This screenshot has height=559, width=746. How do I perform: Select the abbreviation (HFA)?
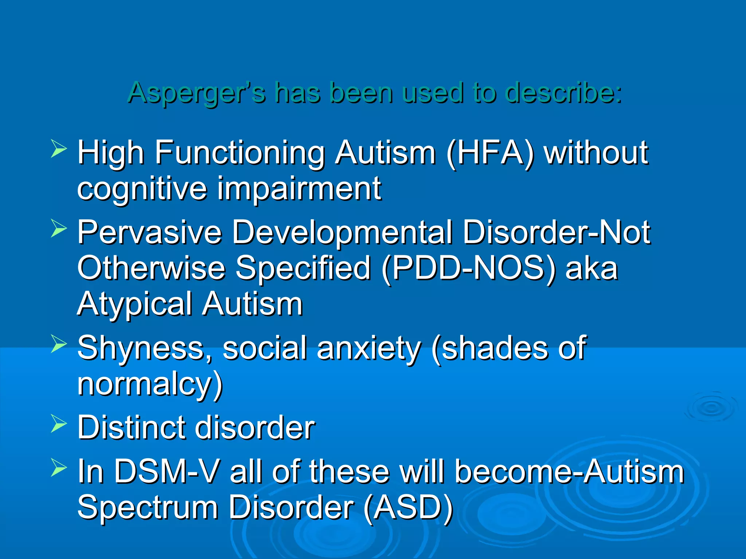pos(490,153)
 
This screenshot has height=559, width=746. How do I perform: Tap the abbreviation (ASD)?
pos(408,508)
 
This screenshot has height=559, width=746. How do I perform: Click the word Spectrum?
pos(148,508)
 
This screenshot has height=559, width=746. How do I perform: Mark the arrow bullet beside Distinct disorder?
pos(58,423)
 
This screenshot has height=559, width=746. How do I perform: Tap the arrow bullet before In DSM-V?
pos(58,467)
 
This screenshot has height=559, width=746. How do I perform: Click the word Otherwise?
pos(151,269)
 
